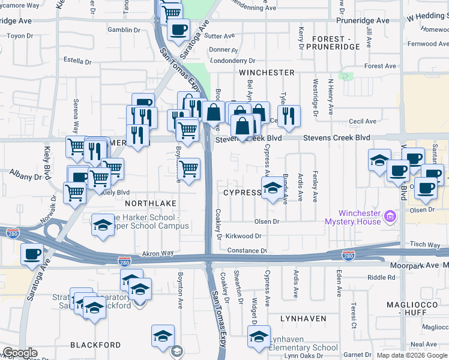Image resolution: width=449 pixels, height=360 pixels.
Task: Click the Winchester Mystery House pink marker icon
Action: [x=390, y=215]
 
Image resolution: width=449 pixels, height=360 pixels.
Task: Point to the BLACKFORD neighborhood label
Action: [x=95, y=345]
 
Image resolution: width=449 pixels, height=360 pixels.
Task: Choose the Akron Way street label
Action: [x=158, y=254]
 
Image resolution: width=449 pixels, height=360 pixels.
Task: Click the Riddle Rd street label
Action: [x=381, y=277]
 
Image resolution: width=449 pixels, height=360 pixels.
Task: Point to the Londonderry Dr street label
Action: [x=233, y=61]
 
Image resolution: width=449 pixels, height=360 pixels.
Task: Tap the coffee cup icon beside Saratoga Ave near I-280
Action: [x=32, y=253]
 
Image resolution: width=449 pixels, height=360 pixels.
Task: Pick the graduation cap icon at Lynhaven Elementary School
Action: [x=259, y=337]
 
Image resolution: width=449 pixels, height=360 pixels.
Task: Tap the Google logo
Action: [x=20, y=353]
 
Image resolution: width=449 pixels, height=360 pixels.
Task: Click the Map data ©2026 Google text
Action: [x=411, y=355]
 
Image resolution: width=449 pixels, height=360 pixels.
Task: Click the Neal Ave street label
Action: [x=424, y=344]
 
